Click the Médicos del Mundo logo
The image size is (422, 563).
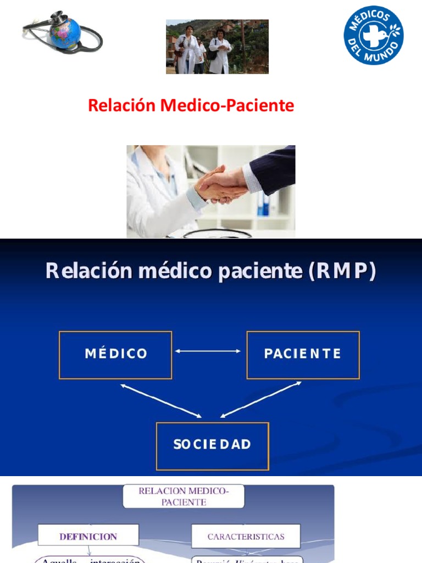point(374,35)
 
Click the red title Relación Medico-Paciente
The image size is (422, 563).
point(191,106)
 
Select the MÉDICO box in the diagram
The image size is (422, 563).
point(115,355)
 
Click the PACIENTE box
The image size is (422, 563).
point(303,355)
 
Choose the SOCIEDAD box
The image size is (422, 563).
point(212,445)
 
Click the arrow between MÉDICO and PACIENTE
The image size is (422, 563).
point(208,351)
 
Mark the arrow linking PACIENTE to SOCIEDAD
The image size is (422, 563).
point(261,399)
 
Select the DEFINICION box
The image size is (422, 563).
point(88,536)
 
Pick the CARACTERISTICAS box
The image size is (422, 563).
point(246,536)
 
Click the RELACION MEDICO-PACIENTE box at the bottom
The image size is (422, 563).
point(184,496)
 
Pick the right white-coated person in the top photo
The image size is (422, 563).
point(220,52)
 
